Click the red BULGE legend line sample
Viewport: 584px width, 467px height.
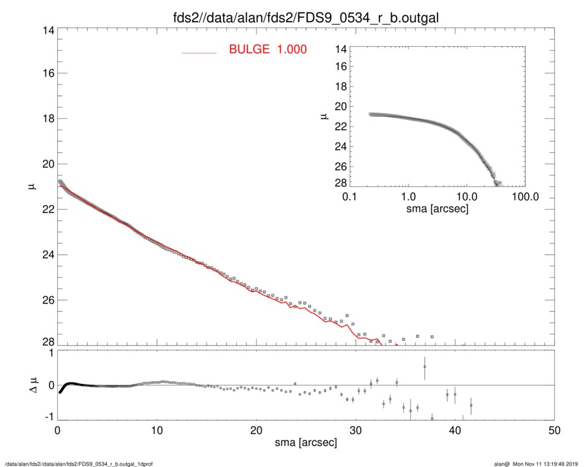coord(199,52)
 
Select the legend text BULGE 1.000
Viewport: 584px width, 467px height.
coord(267,49)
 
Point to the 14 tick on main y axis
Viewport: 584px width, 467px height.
coord(48,30)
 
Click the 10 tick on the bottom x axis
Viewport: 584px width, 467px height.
coord(156,429)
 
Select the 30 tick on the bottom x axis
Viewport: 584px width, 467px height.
coord(356,429)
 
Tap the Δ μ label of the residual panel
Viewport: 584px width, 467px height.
coord(36,385)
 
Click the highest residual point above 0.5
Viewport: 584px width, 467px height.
coord(424,367)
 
